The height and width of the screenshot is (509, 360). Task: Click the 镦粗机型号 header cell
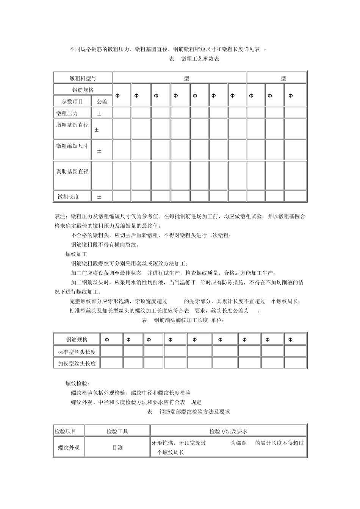(83, 78)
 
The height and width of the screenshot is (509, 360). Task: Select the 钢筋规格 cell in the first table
(83, 90)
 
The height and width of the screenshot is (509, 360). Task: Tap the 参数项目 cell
(72, 101)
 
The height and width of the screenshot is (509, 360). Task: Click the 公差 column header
(102, 101)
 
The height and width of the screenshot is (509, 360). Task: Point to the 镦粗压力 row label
(67, 113)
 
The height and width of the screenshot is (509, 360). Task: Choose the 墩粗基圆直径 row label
(72, 125)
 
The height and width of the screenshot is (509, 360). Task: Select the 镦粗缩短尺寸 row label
(72, 146)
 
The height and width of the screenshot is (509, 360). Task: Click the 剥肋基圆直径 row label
(72, 172)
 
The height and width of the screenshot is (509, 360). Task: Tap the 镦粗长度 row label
(69, 197)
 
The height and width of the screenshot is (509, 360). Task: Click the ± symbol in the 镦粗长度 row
(99, 197)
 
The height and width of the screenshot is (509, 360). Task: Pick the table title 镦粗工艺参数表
(200, 59)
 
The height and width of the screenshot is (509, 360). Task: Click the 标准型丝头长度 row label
(77, 352)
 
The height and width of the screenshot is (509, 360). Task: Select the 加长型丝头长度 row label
(77, 364)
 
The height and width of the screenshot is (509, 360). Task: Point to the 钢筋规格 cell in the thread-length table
(77, 340)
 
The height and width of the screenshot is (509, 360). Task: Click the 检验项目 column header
(66, 431)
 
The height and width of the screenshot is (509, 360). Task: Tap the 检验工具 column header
(117, 431)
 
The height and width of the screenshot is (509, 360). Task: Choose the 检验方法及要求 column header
(228, 431)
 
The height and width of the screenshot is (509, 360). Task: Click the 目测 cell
(117, 448)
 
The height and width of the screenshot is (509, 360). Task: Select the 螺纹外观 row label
(69, 448)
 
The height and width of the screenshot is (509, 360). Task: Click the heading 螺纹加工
(76, 254)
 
